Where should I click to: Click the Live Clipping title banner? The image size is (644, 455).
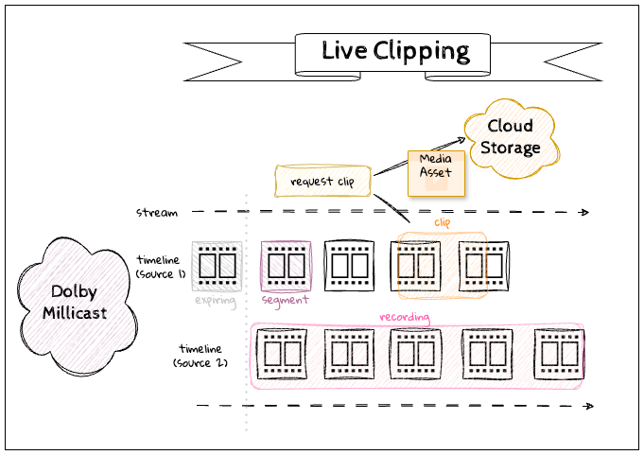pyautogui.click(x=394, y=51)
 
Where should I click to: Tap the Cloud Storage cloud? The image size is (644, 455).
pyautogui.click(x=510, y=136)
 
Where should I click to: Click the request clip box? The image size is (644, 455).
pyautogui.click(x=322, y=181)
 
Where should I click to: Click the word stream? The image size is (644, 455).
pyautogui.click(x=156, y=213)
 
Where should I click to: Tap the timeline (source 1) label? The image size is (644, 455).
pyautogui.click(x=162, y=265)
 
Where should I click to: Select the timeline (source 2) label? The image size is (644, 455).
pyautogui.click(x=201, y=356)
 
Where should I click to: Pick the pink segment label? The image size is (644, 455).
pyautogui.click(x=285, y=300)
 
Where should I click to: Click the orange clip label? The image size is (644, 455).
pyautogui.click(x=443, y=222)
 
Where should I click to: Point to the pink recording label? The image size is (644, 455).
pyautogui.click(x=404, y=317)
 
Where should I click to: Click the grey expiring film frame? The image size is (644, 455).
pyautogui.click(x=217, y=266)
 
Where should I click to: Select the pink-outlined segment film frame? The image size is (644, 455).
pyautogui.click(x=286, y=266)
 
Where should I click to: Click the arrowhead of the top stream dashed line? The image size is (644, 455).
pyautogui.click(x=587, y=212)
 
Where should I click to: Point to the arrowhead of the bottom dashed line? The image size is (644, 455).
pyautogui.click(x=588, y=406)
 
